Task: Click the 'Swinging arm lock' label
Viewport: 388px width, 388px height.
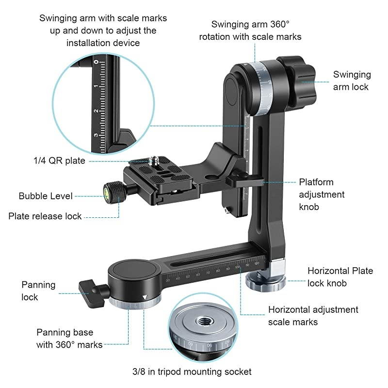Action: point(352,81)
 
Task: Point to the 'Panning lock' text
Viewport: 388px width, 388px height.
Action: point(38,291)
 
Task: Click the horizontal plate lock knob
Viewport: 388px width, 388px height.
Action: point(265,281)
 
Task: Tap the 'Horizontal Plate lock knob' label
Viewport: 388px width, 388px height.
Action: point(340,276)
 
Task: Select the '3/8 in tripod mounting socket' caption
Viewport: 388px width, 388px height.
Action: point(192,372)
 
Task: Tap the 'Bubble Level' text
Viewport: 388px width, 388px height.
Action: point(46,196)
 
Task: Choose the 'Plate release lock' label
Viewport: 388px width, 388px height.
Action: point(45,216)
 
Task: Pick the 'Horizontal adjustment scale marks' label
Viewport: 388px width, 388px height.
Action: point(313,315)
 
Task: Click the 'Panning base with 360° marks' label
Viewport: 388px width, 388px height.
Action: point(69,339)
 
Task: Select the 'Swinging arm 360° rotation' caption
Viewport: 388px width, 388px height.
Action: point(257,30)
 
